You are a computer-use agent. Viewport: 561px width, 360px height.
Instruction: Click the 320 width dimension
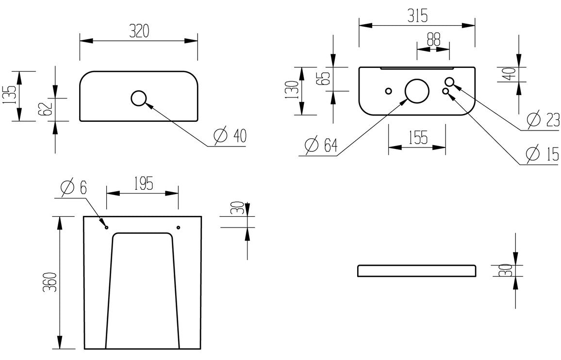tap(139, 32)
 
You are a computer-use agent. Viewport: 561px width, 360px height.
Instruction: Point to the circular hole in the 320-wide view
tap(139, 98)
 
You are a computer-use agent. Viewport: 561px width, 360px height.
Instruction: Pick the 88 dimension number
tap(433, 39)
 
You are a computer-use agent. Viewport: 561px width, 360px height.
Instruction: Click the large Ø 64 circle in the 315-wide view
tap(417, 91)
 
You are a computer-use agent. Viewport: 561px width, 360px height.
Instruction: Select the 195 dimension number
tap(142, 184)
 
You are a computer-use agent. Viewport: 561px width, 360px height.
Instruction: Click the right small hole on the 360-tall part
tap(178, 228)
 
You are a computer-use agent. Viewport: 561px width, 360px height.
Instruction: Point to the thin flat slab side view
tap(416, 271)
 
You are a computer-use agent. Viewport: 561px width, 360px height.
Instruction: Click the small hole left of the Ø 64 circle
tap(388, 91)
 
